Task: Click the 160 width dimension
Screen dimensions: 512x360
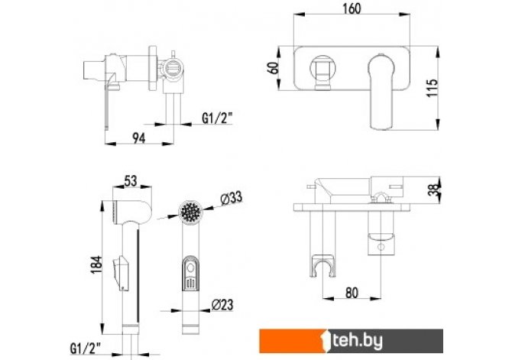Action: click(352, 8)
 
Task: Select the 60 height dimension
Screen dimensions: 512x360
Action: click(274, 67)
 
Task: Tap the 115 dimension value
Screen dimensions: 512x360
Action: click(432, 88)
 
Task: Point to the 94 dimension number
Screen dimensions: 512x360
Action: click(139, 138)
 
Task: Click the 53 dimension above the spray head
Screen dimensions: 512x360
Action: click(131, 180)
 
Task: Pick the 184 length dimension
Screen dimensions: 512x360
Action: click(96, 264)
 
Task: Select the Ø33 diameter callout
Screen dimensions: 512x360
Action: click(232, 198)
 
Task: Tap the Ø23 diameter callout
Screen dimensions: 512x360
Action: click(222, 304)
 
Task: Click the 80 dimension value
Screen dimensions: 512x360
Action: click(352, 293)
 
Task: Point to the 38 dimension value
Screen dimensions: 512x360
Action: click(434, 189)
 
